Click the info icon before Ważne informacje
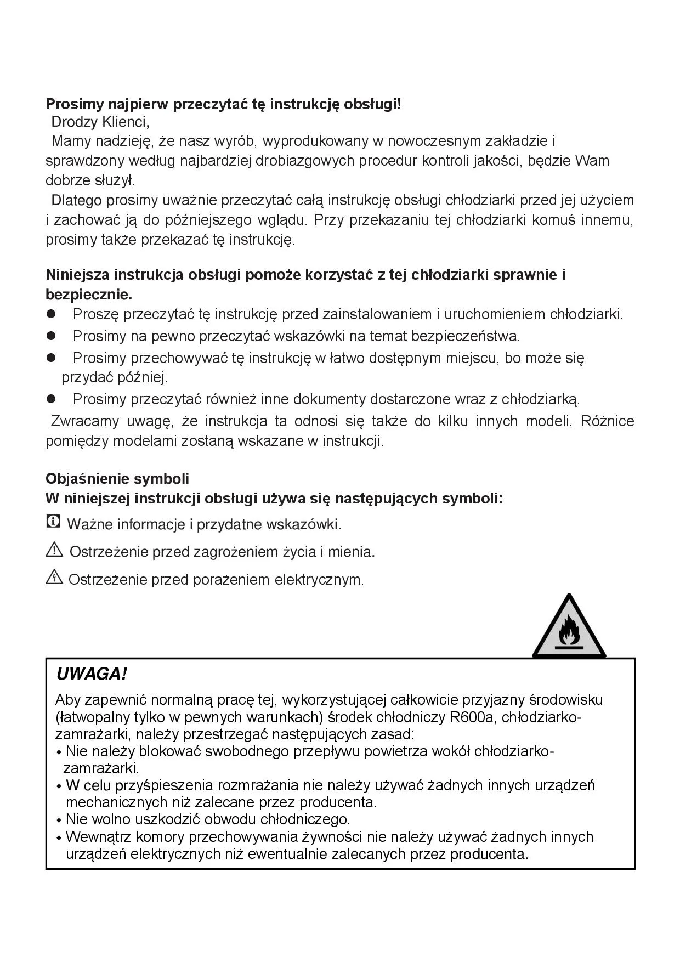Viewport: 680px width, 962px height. coord(53,522)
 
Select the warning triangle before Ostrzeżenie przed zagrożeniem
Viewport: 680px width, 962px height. coord(54,550)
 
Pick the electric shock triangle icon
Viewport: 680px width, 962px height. coord(54,577)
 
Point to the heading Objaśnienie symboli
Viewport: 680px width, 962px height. coord(117,479)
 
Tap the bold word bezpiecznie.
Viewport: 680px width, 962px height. coord(89,295)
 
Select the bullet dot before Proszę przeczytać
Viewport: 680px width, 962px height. coord(52,314)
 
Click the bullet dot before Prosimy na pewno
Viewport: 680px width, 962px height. coord(52,335)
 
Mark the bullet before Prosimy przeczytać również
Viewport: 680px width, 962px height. coord(52,399)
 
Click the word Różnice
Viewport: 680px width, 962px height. coord(607,421)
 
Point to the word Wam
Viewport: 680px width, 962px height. coord(593,161)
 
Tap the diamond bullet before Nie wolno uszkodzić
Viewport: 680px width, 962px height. coord(59,821)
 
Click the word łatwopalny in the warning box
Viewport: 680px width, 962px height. coord(95,717)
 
